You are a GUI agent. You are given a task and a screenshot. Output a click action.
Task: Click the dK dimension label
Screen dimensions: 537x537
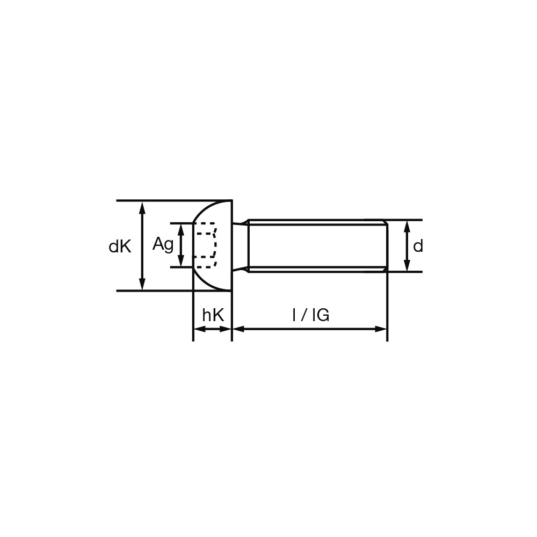pyautogui.click(x=120, y=246)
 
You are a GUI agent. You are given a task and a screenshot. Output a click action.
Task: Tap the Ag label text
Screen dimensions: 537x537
pyautogui.click(x=163, y=244)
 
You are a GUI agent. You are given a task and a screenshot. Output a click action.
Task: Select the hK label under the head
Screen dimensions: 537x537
pyautogui.click(x=213, y=315)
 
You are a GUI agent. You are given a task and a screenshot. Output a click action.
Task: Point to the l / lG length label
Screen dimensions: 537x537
pyautogui.click(x=311, y=315)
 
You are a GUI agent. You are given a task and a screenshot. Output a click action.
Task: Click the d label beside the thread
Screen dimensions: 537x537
pyautogui.click(x=418, y=245)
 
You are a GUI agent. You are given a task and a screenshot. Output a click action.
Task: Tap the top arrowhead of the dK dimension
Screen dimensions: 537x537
pyautogui.click(x=142, y=208)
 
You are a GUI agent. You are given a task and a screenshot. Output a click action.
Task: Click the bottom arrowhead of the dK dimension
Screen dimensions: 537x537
pyautogui.click(x=142, y=284)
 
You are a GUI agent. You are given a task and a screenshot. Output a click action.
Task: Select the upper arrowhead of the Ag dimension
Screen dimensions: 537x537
pyautogui.click(x=181, y=230)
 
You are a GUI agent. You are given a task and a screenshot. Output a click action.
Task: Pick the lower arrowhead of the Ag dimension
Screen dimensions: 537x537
pyautogui.click(x=181, y=260)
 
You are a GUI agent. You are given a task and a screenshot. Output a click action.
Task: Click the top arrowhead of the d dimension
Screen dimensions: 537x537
pyautogui.click(x=407, y=227)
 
